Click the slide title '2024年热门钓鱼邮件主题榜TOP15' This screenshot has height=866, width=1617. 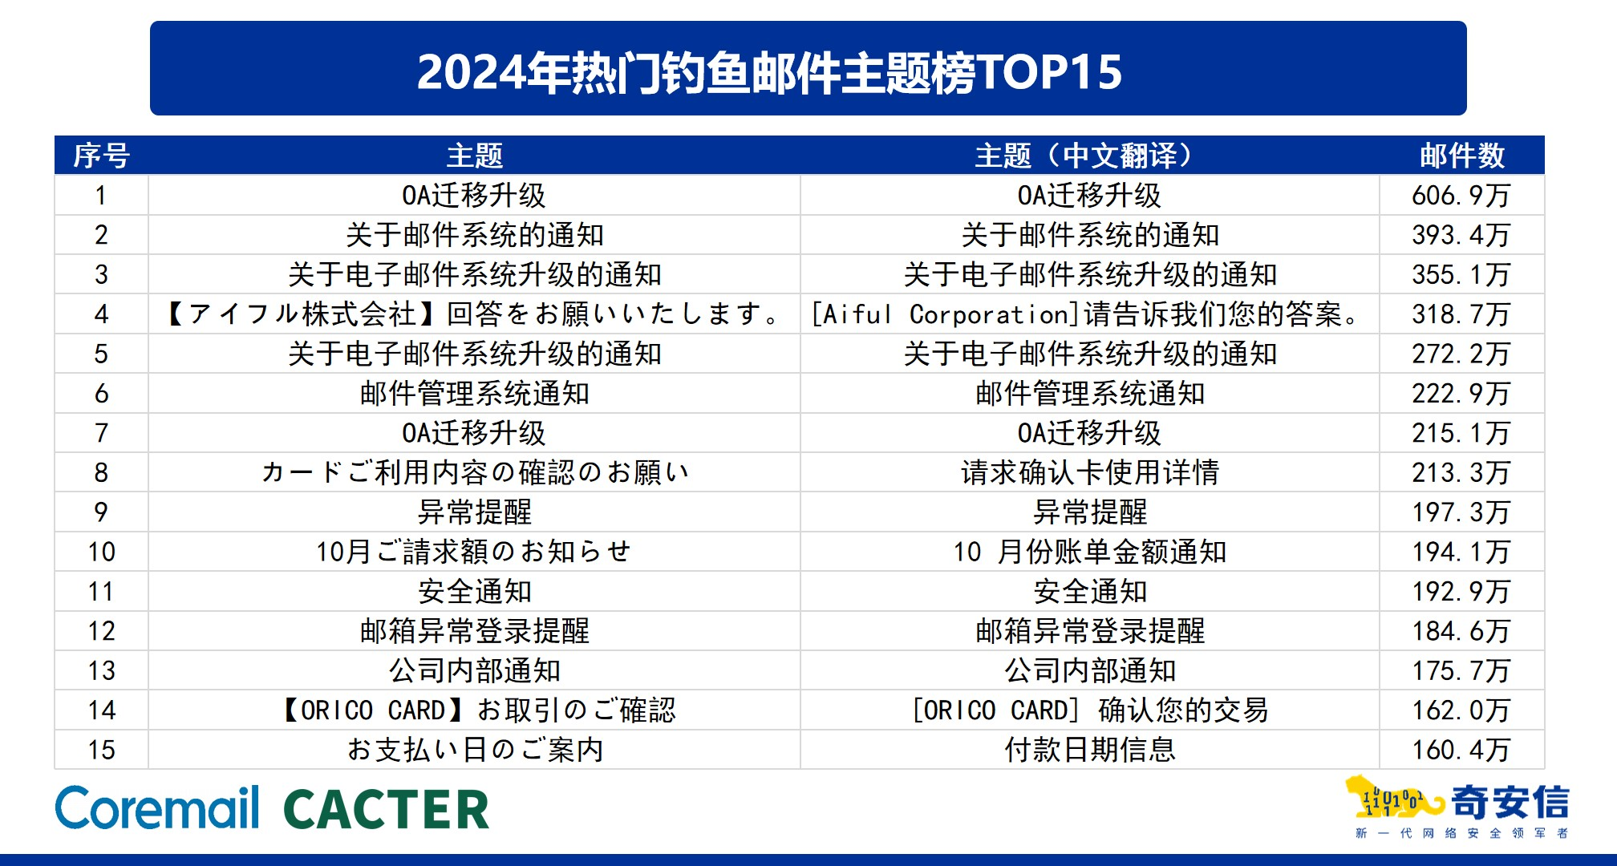click(x=769, y=71)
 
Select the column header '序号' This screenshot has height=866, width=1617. click(x=101, y=156)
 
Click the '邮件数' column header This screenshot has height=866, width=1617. click(x=1461, y=156)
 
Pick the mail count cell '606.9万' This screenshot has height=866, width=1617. click(x=1461, y=196)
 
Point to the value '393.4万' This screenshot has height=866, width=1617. click(x=1461, y=235)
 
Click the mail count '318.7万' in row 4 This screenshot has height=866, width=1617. click(x=1461, y=314)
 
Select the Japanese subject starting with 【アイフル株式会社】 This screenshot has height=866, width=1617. click(x=474, y=314)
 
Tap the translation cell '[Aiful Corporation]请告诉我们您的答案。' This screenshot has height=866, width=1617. click(x=1088, y=314)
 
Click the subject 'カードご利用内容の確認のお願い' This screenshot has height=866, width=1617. click(x=474, y=472)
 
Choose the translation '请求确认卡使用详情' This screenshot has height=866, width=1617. click(x=1089, y=472)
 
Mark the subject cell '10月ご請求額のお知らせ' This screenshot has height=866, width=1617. click(x=474, y=552)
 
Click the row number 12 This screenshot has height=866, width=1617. click(x=101, y=631)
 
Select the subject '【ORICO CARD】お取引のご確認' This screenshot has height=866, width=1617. click(x=476, y=710)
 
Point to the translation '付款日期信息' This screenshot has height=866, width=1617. click(x=1089, y=750)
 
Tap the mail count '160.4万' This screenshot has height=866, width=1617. click(x=1461, y=750)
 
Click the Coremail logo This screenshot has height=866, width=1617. click(x=157, y=807)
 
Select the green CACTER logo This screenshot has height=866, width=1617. click(x=386, y=809)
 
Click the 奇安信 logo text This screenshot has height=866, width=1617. click(x=1510, y=802)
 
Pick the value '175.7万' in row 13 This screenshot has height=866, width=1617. click(x=1461, y=670)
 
